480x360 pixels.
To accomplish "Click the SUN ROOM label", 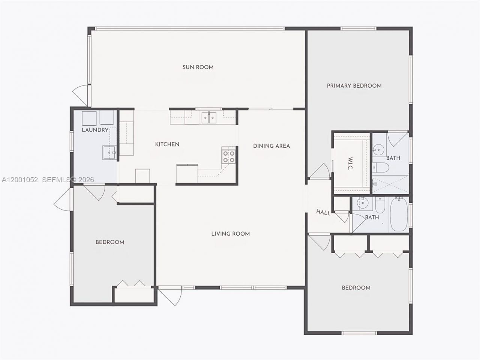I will (198, 67).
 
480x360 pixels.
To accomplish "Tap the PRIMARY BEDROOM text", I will (354, 86).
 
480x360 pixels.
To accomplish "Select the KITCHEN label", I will (167, 144).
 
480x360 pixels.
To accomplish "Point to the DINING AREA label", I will (271, 146).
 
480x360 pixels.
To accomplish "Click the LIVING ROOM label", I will (230, 234).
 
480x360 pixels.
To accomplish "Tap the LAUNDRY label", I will (95, 130).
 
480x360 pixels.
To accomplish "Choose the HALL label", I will (323, 213).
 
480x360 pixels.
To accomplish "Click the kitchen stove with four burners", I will (229, 156).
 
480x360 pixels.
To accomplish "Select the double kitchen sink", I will (208, 118).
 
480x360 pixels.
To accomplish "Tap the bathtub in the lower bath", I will (398, 215).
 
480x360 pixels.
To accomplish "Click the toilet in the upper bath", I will (378, 167).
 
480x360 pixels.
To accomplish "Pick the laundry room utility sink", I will (109, 153).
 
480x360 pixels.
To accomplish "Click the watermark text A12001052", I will (19, 180).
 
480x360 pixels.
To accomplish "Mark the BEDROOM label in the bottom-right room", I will (356, 288).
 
